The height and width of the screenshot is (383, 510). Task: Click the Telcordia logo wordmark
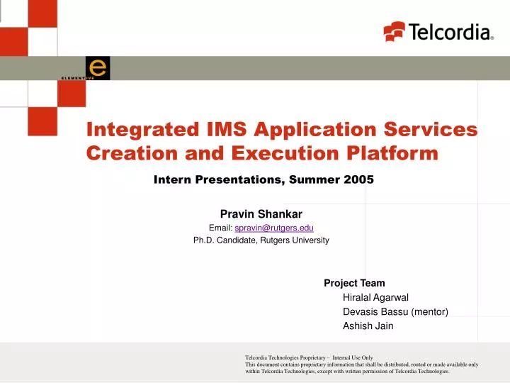pyautogui.click(x=449, y=32)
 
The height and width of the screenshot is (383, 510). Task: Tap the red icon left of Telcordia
pyautogui.click(x=394, y=32)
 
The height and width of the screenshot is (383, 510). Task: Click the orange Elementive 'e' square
pyautogui.click(x=98, y=67)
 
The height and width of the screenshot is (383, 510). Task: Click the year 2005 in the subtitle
pyautogui.click(x=358, y=179)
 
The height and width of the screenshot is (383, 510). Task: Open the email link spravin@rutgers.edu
pyautogui.click(x=274, y=227)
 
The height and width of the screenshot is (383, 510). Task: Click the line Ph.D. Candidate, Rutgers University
pyautogui.click(x=261, y=240)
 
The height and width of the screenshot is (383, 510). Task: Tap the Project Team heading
pyautogui.click(x=354, y=283)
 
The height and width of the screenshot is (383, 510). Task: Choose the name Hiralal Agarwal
pyautogui.click(x=375, y=297)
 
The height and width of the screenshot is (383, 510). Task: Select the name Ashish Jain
pyautogui.click(x=368, y=326)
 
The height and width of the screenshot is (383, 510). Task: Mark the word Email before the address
pyautogui.click(x=220, y=227)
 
